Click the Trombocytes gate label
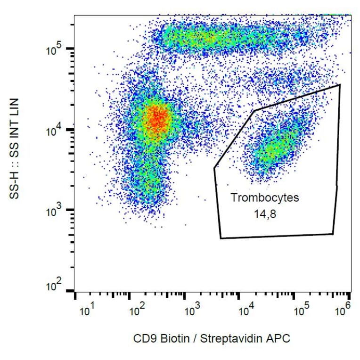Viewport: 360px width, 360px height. pyautogui.click(x=264, y=198)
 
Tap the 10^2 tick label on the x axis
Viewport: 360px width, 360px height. pyautogui.click(x=137, y=311)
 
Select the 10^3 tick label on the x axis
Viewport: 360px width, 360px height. pyautogui.click(x=191, y=311)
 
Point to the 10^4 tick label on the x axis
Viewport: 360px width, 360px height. pyautogui.click(x=245, y=311)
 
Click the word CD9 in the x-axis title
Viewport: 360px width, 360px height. pyautogui.click(x=142, y=338)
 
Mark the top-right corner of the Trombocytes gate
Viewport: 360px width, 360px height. pyautogui.click(x=339, y=85)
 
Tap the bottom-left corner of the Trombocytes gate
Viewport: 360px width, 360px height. pyautogui.click(x=221, y=238)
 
